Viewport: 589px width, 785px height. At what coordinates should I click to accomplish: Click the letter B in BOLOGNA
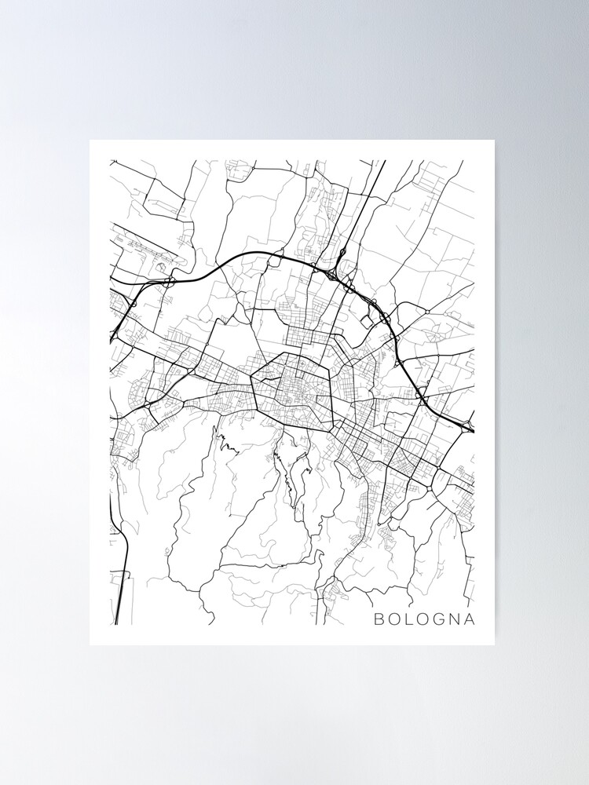pyautogui.click(x=379, y=619)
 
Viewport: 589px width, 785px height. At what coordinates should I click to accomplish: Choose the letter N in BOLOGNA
pyautogui.click(x=455, y=619)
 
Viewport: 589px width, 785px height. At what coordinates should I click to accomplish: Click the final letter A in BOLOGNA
pyautogui.click(x=470, y=619)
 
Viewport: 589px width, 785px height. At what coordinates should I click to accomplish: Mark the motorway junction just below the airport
pyautogui.click(x=170, y=279)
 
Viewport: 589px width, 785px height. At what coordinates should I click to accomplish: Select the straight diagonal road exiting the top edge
pyautogui.click(x=369, y=196)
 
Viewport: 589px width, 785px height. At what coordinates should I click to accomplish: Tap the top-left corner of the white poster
pyautogui.click(x=90, y=141)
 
